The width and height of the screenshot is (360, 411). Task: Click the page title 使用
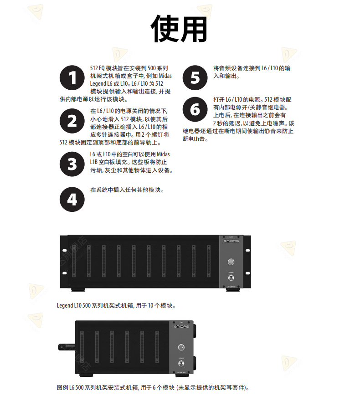point(179,28)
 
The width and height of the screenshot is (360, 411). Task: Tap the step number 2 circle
point(72,121)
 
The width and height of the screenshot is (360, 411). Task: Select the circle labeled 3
point(72,164)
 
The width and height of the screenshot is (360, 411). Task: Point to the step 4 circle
point(72,199)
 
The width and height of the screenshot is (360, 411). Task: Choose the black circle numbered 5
point(195,78)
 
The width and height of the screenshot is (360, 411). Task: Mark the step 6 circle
point(195,110)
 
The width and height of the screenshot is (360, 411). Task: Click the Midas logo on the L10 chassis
point(231,244)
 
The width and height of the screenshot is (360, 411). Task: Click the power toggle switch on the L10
point(231,277)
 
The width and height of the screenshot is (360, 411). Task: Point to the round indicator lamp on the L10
point(231,262)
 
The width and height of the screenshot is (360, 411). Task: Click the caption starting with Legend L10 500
point(117,305)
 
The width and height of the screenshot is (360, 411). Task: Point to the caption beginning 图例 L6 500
point(153,387)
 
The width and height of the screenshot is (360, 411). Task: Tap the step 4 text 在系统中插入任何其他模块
point(127,190)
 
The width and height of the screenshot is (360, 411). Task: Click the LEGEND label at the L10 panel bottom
point(231,287)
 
